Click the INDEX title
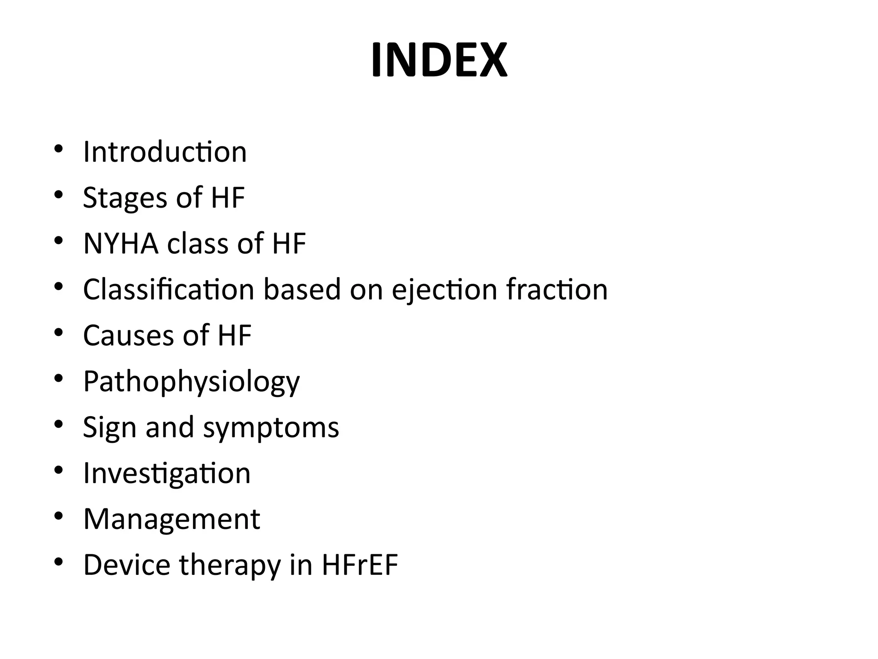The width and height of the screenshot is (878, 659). click(439, 60)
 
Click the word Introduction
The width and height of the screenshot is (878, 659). click(165, 152)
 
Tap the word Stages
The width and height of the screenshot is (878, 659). click(125, 198)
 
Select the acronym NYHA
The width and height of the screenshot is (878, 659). click(120, 244)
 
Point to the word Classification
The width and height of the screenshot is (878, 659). click(168, 290)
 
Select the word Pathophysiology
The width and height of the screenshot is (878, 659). click(191, 382)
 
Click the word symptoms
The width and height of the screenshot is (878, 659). click(271, 428)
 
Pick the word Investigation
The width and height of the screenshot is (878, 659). click(167, 474)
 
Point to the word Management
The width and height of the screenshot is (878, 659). click(171, 519)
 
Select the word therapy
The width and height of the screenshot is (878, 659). click(230, 565)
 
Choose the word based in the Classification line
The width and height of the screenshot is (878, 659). click(302, 290)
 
